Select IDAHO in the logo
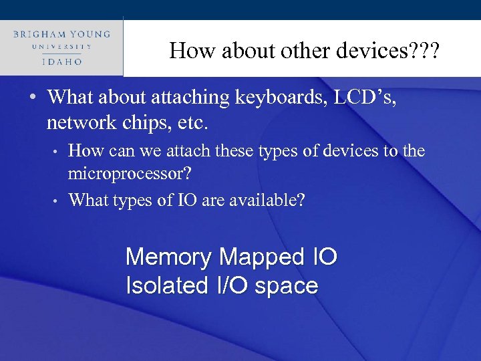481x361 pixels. (x=61, y=61)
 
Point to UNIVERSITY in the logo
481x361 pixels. (x=61, y=47)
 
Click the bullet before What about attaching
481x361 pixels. (x=33, y=98)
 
